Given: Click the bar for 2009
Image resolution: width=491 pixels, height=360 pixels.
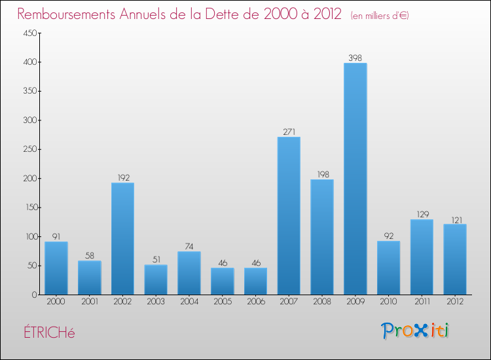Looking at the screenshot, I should coord(355,179).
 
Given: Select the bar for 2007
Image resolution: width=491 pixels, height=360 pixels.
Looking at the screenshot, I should coord(289,216).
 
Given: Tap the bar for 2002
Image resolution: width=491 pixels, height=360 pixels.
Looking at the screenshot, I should coord(122,239).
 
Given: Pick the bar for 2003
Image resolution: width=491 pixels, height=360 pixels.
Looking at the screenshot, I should coord(156,279).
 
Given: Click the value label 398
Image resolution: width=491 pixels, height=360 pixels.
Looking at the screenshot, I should coord(355,58).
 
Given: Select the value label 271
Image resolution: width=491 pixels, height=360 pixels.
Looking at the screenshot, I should coord(289,132).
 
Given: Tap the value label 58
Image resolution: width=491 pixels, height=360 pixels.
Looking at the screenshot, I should coord(90,256).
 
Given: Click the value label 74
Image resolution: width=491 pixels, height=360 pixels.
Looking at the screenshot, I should coord(189,247).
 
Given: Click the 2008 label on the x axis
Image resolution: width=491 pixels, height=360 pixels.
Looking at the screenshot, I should coord(322,302).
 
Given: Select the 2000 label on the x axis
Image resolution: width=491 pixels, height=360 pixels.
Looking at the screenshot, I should coord(56,302).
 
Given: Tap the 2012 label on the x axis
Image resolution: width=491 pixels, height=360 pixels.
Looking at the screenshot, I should coord(455,302).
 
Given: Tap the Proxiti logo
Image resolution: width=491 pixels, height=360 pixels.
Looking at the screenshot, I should coord(415,331).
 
